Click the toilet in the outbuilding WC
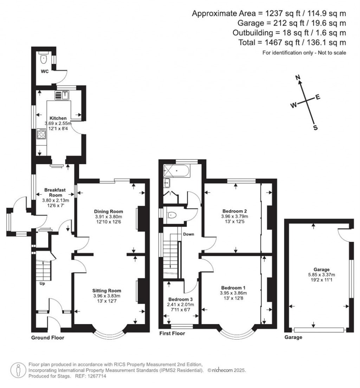44,58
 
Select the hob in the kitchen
41,134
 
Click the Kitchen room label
58,118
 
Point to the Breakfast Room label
55,193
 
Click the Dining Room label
108,212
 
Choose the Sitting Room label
107,291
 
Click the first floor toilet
171,215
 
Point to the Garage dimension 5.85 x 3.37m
321,275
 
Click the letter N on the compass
298,78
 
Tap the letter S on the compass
315,128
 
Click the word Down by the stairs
188,234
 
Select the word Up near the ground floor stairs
42,284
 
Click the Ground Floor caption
47,338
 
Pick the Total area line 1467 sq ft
292,43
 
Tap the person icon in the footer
18,370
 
